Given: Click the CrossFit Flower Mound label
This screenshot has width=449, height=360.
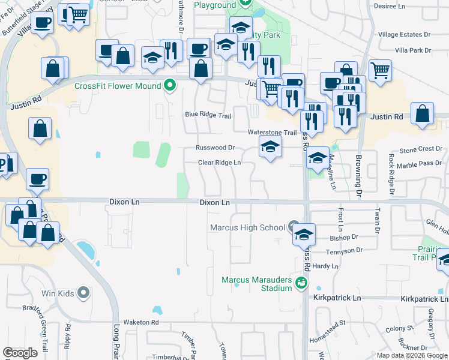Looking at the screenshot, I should pyautogui.click(x=118, y=85).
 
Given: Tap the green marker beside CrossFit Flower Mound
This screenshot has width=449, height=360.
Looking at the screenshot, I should pyautogui.click(x=169, y=85).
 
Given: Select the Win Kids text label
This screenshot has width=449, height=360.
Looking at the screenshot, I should pyautogui.click(x=56, y=293).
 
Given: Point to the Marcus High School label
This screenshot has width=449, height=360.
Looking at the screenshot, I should pyautogui.click(x=247, y=227).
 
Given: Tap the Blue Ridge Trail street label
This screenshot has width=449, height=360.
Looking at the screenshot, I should pyautogui.click(x=208, y=115).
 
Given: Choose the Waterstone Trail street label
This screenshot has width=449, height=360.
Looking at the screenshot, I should pyautogui.click(x=273, y=133).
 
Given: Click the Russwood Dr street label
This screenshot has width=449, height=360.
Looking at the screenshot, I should pyautogui.click(x=214, y=148).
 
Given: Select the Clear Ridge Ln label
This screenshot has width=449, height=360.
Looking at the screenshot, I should pyautogui.click(x=220, y=163).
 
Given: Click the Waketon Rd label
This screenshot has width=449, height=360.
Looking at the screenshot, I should pyautogui.click(x=141, y=322).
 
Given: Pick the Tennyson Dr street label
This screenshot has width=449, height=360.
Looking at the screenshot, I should pyautogui.click(x=345, y=250).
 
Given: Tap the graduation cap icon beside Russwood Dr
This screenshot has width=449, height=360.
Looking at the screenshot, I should pyautogui.click(x=270, y=146).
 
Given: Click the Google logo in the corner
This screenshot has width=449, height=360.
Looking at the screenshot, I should pyautogui.click(x=20, y=352).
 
